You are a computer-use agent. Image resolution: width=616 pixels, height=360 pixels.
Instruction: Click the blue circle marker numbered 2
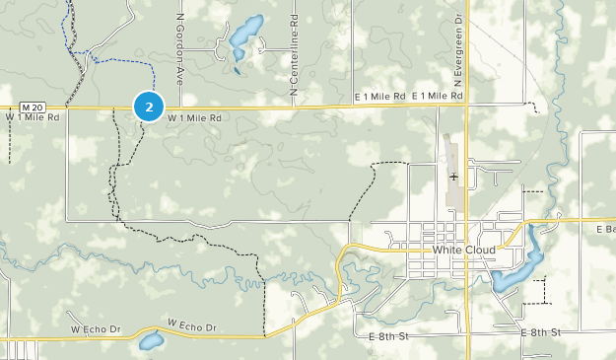tap(148, 106)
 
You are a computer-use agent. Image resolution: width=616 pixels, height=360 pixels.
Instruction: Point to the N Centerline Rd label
tap(294, 55)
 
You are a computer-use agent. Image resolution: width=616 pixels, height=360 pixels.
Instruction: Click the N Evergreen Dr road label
tap(459, 50)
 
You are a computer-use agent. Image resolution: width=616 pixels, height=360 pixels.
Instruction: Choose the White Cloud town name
tap(463, 250)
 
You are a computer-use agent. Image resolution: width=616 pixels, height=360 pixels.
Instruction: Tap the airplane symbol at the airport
tap(453, 177)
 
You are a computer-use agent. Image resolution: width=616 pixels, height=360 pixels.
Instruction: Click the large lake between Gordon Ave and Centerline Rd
tap(244, 36)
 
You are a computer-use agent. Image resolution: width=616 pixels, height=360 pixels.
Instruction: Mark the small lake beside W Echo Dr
tap(150, 342)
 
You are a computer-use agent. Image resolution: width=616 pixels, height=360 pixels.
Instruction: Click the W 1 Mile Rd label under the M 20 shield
tap(33, 116)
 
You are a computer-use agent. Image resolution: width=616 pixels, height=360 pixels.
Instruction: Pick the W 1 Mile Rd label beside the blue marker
tap(194, 117)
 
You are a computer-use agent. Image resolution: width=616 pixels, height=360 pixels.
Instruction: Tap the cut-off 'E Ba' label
tap(605, 229)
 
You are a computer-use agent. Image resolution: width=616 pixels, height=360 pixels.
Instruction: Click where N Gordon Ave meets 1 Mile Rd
tap(175, 107)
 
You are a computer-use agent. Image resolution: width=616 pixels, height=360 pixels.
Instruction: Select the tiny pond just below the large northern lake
tap(237, 69)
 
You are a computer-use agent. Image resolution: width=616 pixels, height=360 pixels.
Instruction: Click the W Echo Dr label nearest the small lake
tap(191, 326)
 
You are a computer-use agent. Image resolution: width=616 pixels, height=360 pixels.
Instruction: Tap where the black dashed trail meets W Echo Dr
tap(265, 335)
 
